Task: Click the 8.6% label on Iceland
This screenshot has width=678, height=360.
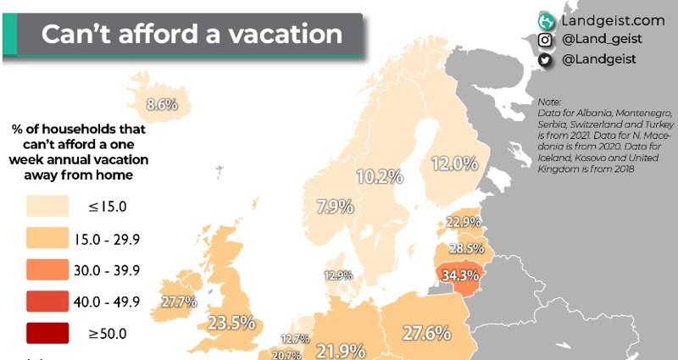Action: (161, 105)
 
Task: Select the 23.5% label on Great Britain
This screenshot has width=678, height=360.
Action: (231, 322)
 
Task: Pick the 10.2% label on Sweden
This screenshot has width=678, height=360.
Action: (378, 177)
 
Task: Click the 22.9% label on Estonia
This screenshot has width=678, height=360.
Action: (464, 222)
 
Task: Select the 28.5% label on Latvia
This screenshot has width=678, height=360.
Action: (466, 249)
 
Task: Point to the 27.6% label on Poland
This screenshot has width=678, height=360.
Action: (425, 333)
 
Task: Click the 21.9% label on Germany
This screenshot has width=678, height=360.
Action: (341, 350)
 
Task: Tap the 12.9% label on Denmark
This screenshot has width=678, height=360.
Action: (336, 274)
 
